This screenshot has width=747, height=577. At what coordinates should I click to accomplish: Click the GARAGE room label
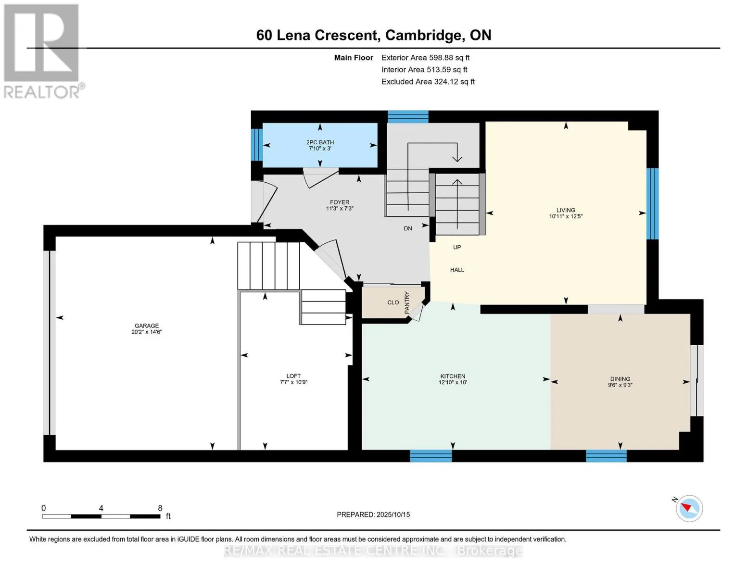146,326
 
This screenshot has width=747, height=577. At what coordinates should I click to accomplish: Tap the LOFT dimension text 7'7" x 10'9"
293,382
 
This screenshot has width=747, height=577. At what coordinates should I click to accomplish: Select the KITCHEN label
453,376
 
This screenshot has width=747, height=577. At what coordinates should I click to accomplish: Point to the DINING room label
620,379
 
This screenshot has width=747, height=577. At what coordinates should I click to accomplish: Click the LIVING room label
566,210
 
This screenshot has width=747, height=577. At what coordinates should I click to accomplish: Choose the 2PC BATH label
320,142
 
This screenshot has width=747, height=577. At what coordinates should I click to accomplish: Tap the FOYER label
340,202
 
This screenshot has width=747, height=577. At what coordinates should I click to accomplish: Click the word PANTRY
406,302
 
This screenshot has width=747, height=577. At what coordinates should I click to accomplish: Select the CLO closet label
393,302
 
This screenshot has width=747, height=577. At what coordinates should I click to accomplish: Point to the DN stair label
408,228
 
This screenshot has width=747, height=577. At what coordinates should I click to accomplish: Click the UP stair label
457,247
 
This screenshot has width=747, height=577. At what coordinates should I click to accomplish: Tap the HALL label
457,270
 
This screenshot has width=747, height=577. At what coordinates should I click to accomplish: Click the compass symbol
689,509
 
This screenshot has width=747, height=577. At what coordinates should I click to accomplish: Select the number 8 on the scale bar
160,508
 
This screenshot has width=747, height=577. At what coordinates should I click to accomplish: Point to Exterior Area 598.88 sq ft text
425,58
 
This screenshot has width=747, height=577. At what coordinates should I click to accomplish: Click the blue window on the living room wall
652,204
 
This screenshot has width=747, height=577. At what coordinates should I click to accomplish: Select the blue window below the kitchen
430,456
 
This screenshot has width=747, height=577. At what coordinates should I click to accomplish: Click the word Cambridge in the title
423,36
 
